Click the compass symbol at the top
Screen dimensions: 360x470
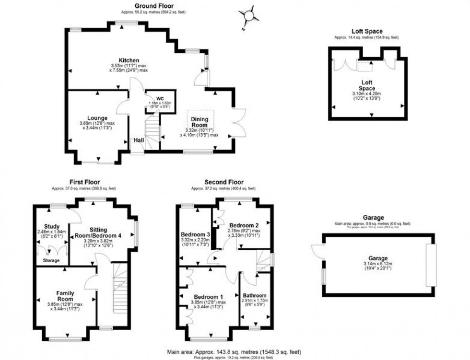pos(248,16)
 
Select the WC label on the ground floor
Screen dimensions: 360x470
pos(153,98)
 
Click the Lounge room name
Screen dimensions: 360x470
pos(97,117)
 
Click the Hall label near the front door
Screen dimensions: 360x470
pos(138,140)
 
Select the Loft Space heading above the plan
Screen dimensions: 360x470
pos(367,32)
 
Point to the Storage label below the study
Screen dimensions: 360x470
pos(51,260)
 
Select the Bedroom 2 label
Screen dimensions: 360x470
pos(244,225)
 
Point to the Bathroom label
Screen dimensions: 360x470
pos(255,295)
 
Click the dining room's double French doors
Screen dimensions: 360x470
pos(238,123)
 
